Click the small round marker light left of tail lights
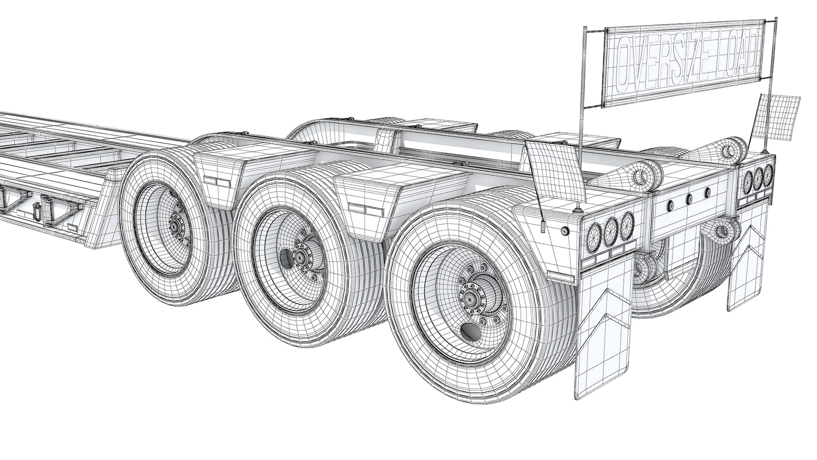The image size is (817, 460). [x=565, y=231]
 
